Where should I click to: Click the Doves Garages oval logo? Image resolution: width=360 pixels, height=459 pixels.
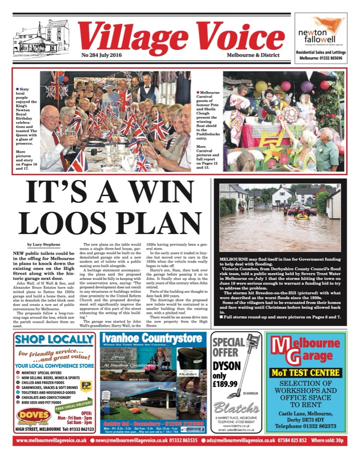click(x=33, y=415)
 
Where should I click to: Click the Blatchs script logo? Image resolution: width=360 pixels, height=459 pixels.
click(x=236, y=408)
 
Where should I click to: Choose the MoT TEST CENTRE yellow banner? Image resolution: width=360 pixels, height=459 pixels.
click(x=305, y=372)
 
